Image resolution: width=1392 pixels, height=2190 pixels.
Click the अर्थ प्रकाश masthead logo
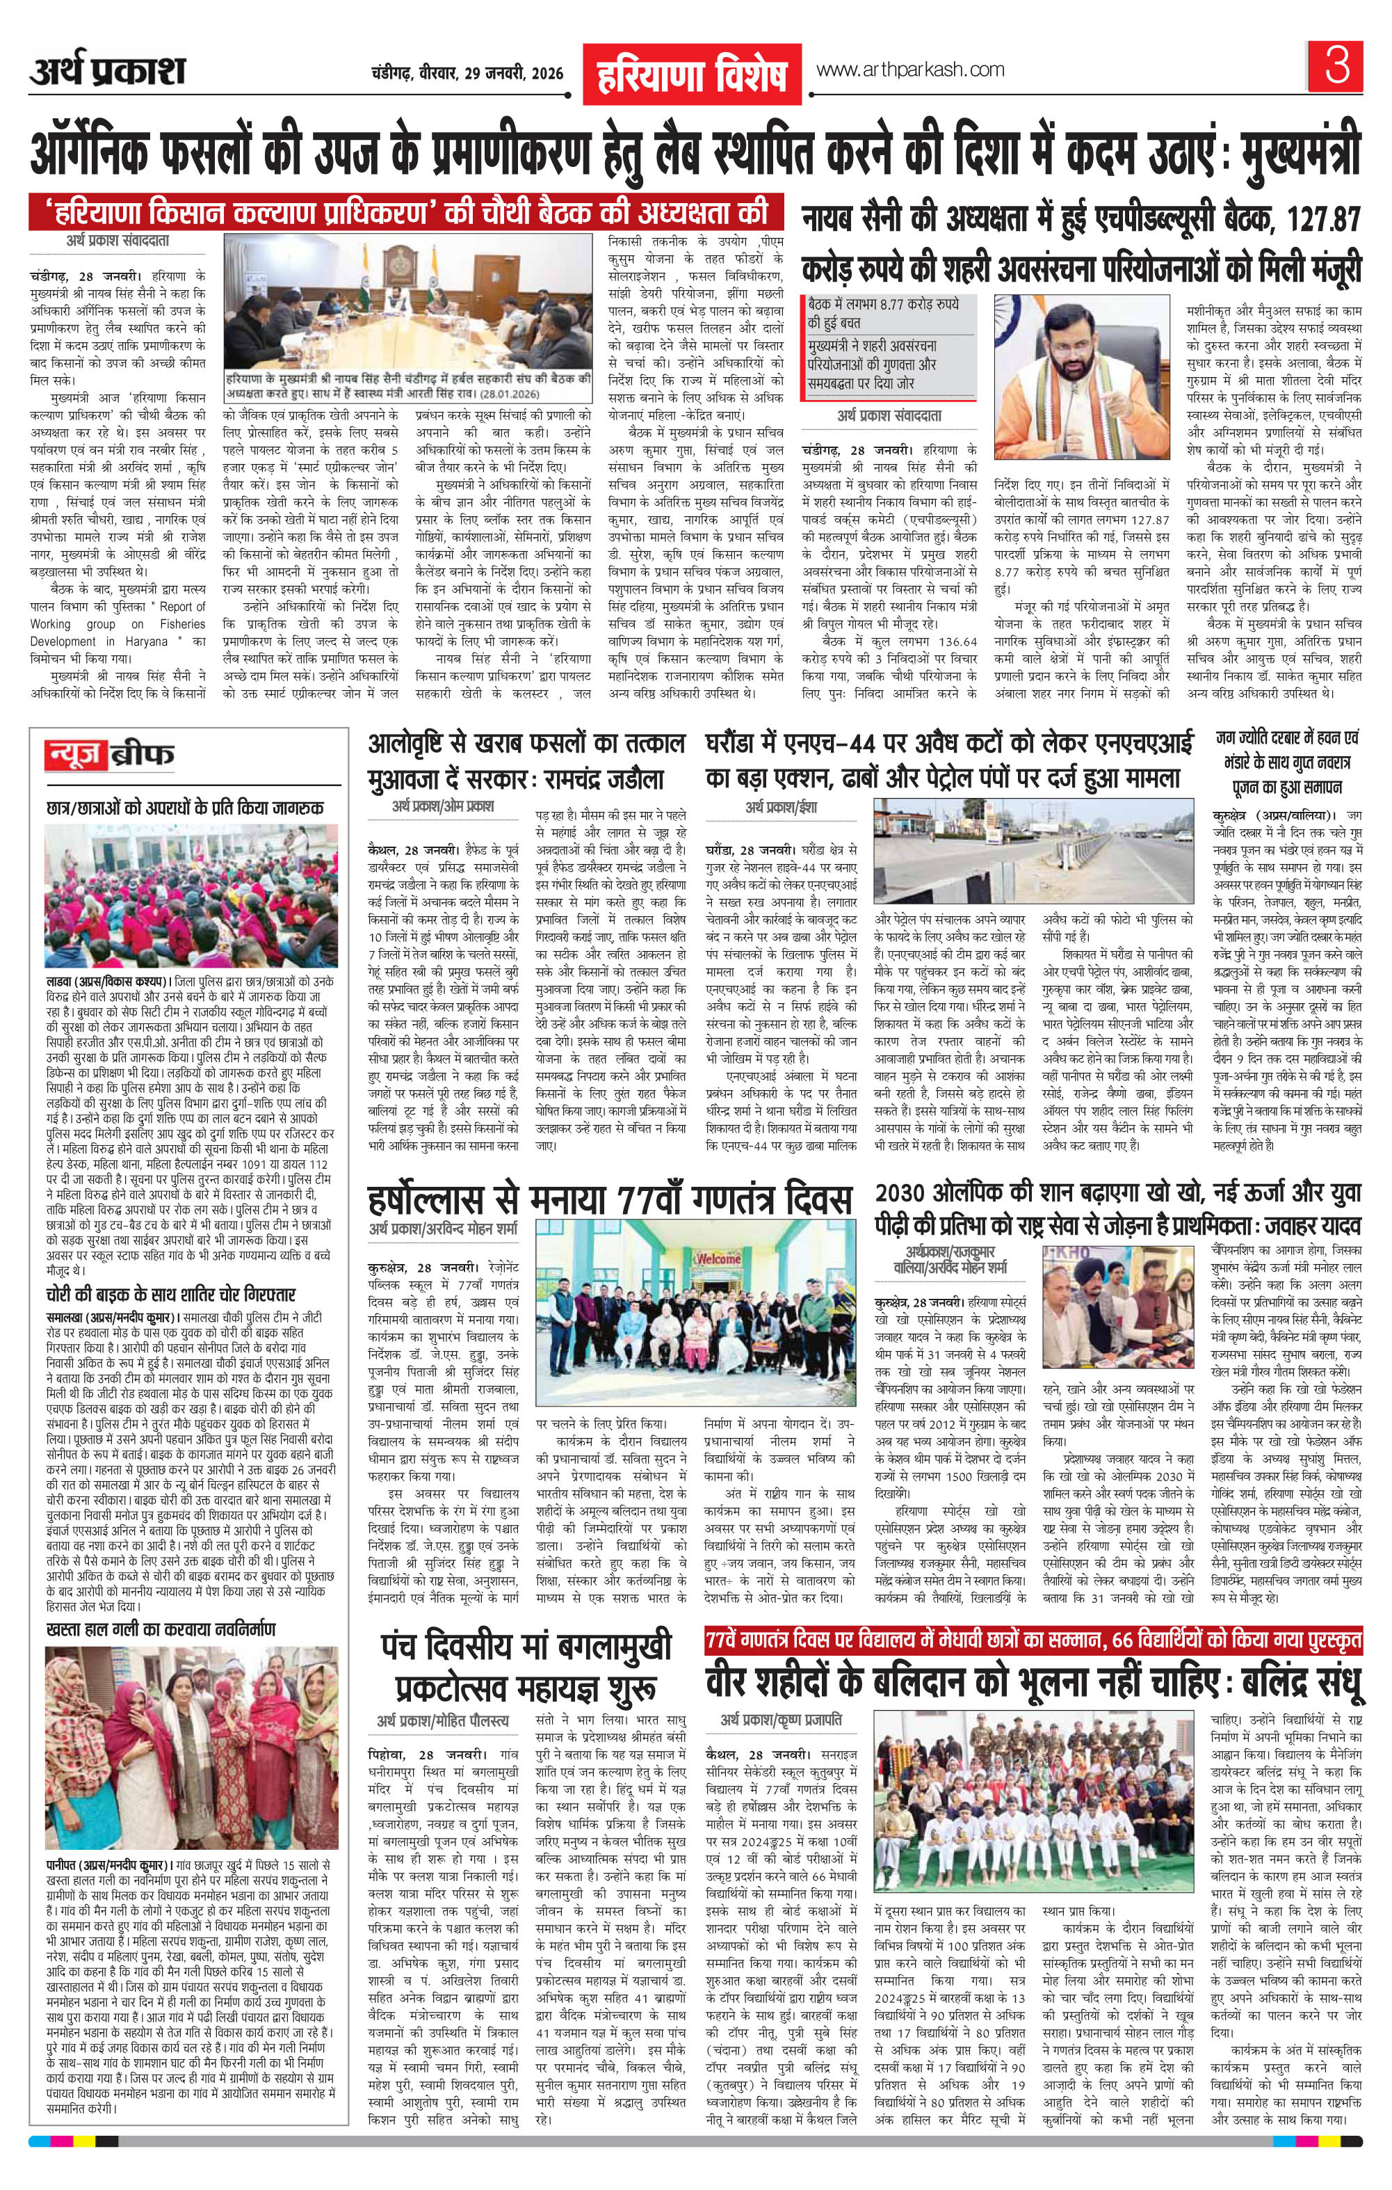click(x=107, y=71)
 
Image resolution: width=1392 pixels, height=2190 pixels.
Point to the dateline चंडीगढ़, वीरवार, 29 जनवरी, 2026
click(x=467, y=74)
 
